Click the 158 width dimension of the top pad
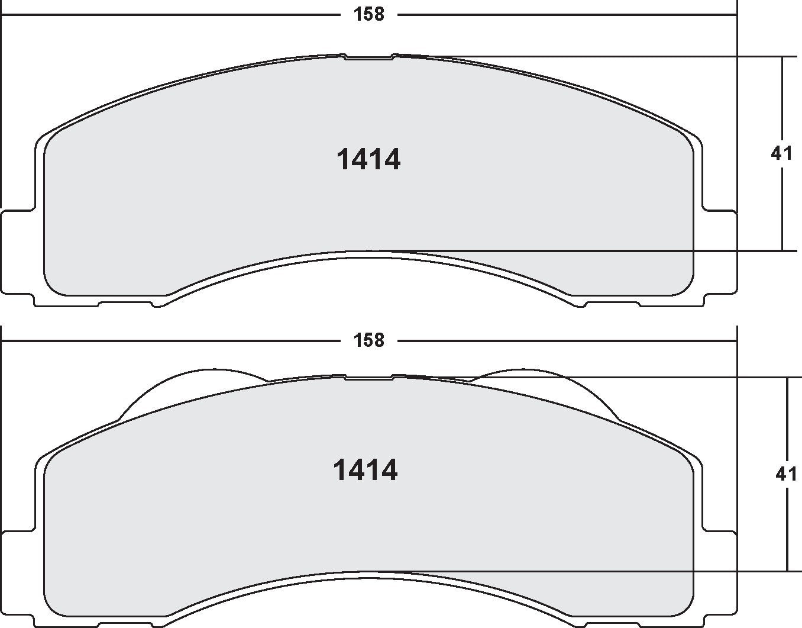pyautogui.click(x=369, y=14)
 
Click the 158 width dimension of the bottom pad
pyautogui.click(x=369, y=340)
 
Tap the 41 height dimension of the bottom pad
pyautogui.click(x=785, y=474)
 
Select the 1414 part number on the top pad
pyautogui.click(x=368, y=160)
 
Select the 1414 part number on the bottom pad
pyautogui.click(x=366, y=471)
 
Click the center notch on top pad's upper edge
pyautogui.click(x=369, y=57)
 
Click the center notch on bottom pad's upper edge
pyautogui.click(x=369, y=377)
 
